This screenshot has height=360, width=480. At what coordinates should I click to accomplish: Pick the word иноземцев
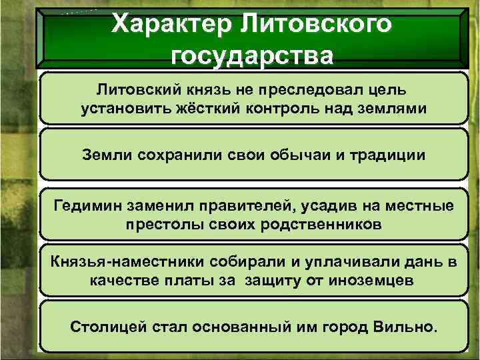pyautogui.click(x=371, y=280)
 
